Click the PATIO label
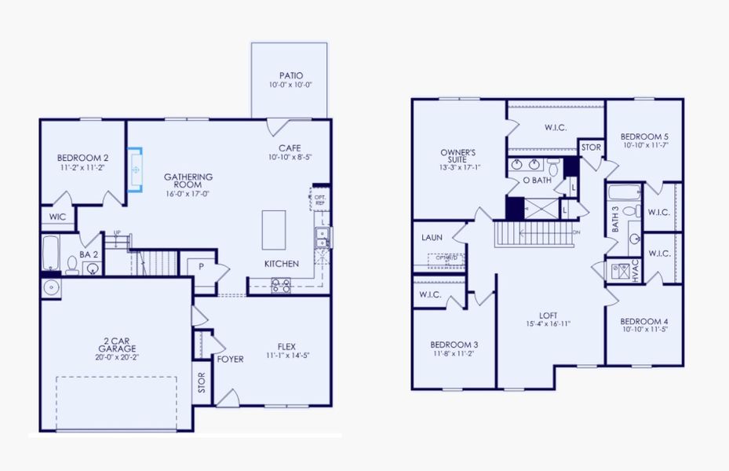[290, 75]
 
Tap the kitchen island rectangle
[274, 229]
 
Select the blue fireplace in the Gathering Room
[136, 169]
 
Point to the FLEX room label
[286, 346]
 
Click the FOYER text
[231, 360]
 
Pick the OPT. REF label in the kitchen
[319, 199]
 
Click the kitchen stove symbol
[280, 285]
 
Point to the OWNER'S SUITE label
[458, 156]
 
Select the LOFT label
[548, 315]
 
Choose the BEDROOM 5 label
[643, 134]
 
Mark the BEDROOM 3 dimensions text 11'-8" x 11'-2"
[454, 354]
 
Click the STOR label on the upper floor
[591, 147]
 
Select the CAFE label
[290, 148]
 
